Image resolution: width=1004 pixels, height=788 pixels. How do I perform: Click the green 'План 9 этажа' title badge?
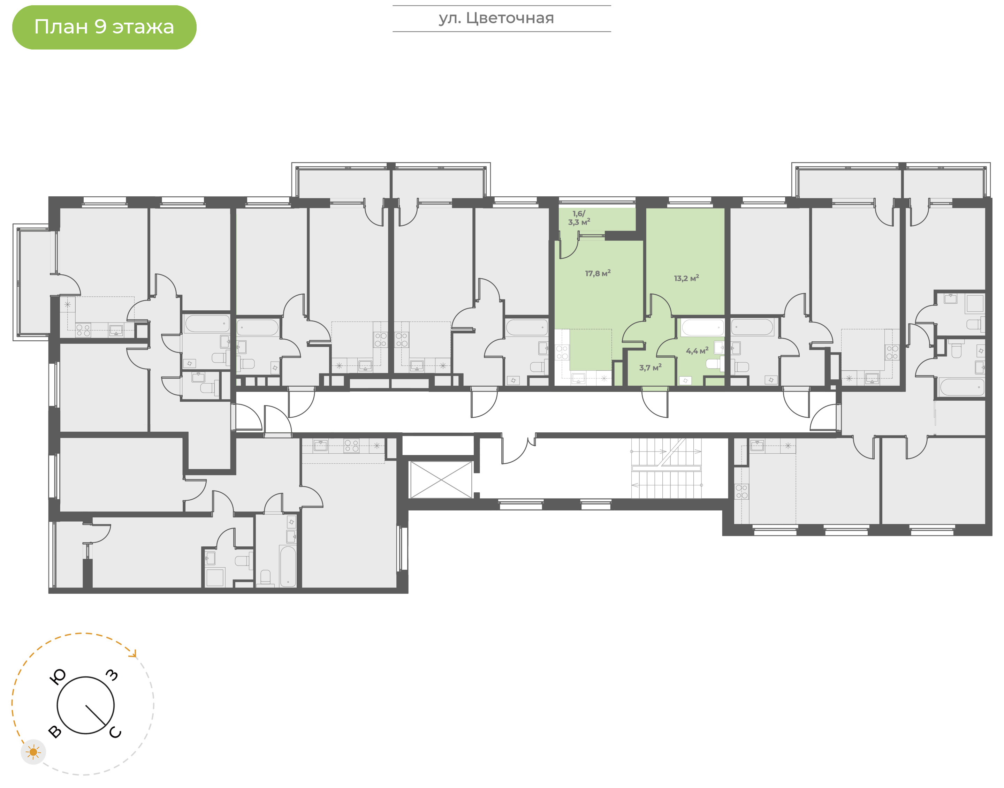pyautogui.click(x=104, y=27)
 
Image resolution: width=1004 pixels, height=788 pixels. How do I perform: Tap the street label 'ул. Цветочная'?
pyautogui.click(x=496, y=18)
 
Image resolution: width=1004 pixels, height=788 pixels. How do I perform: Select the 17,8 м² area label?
pyautogui.click(x=598, y=273)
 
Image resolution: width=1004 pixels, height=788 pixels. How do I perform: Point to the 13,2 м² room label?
pyautogui.click(x=686, y=278)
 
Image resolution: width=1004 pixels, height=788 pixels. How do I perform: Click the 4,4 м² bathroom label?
pyautogui.click(x=697, y=351)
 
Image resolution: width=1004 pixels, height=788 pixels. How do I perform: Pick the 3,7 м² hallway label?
pyautogui.click(x=650, y=368)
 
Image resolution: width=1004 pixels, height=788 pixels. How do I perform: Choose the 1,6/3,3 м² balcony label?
pyautogui.click(x=579, y=218)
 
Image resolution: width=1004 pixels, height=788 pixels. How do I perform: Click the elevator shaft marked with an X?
pyautogui.click(x=441, y=480)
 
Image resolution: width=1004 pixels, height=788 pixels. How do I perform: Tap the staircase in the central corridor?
pyautogui.click(x=666, y=468)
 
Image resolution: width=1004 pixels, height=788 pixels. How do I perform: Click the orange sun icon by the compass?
pyautogui.click(x=33, y=752)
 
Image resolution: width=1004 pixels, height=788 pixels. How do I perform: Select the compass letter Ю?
pyautogui.click(x=58, y=677)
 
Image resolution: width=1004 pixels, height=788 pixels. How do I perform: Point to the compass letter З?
pyautogui.click(x=112, y=675)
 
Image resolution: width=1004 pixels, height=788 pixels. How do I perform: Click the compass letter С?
pyautogui.click(x=115, y=733)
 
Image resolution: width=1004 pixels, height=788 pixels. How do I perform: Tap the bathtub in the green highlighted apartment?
pyautogui.click(x=702, y=327)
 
